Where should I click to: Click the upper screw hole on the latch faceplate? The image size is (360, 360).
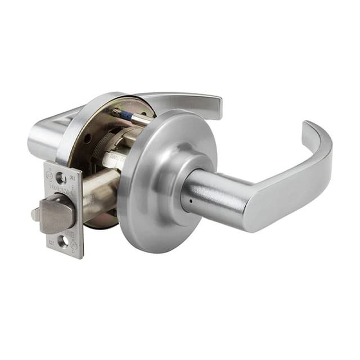click(x=61, y=179)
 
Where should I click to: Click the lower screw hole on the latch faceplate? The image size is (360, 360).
click(x=63, y=241)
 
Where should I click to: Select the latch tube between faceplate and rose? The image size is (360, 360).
click(x=101, y=197)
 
